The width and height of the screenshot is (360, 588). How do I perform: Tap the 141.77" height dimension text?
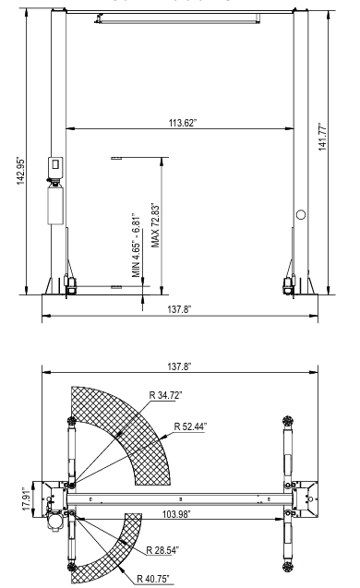coord(344,143)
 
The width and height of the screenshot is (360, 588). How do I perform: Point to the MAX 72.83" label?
coord(156,223)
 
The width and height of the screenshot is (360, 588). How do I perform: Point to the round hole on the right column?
coord(300,214)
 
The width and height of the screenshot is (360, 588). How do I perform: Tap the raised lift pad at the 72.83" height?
coord(115,158)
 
